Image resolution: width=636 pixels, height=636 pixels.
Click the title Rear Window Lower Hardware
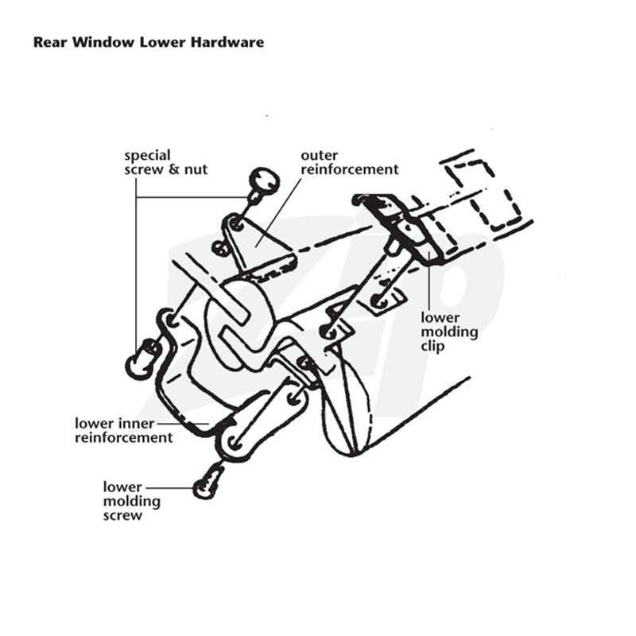click(149, 42)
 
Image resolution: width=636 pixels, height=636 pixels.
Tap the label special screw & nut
click(165, 163)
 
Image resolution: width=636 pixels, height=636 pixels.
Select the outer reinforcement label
click(350, 162)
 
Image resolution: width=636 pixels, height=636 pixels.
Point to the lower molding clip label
click(449, 332)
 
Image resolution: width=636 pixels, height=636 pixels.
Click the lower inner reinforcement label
click(124, 430)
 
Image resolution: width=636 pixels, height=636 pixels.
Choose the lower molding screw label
click(132, 501)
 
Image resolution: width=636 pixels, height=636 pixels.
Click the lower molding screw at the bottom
click(207, 482)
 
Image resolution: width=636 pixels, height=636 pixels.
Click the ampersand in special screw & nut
click(174, 169)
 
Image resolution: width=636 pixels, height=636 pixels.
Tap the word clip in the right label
click(432, 346)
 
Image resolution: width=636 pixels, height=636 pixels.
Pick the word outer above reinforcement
click(320, 155)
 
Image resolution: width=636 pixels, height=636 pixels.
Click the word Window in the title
click(103, 42)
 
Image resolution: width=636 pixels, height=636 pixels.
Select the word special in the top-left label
click(147, 156)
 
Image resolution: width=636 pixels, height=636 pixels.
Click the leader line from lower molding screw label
click(170, 487)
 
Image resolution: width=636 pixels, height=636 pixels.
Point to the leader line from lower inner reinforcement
click(183, 424)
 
